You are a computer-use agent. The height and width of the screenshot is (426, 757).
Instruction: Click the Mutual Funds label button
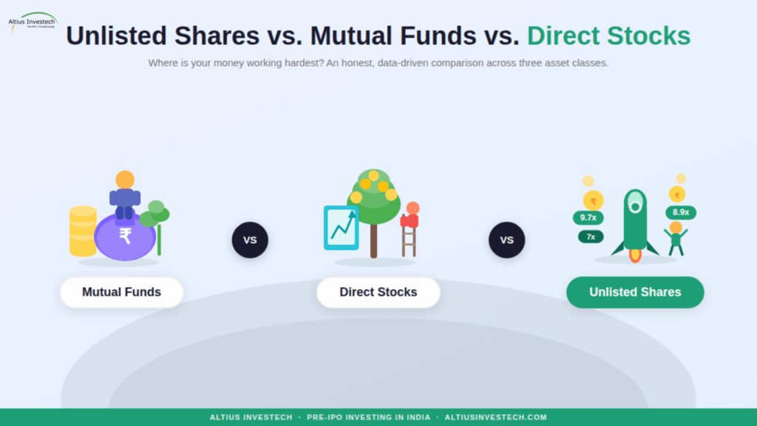121,292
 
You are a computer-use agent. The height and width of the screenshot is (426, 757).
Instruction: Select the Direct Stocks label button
378,292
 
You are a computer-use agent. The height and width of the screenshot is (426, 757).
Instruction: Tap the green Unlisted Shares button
634,292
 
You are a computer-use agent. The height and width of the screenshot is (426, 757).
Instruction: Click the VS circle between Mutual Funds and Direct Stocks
250,240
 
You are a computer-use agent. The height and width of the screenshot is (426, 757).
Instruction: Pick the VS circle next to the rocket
506,240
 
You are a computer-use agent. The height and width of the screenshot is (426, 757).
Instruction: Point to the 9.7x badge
588,217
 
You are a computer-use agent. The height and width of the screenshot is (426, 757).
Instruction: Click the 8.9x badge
680,212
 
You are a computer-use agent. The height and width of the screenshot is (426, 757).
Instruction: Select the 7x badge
591,237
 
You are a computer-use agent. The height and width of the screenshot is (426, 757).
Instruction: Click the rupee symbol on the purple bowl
126,236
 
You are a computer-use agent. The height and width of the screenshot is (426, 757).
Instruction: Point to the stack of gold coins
83,231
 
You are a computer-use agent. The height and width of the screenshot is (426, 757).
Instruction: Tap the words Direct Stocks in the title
608,35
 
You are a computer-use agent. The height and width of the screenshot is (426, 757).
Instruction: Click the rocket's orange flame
634,255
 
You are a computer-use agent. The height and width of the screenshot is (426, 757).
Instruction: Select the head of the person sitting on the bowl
125,180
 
